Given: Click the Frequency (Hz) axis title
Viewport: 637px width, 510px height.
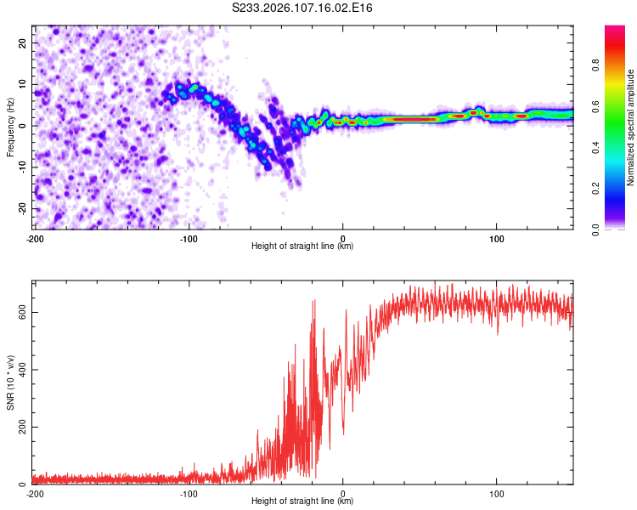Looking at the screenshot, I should (10, 127).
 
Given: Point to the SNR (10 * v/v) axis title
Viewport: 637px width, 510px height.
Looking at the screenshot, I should (10, 382).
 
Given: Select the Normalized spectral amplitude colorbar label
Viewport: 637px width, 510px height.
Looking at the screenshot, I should (630, 127).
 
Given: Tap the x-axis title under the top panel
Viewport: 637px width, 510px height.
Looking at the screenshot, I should (302, 246).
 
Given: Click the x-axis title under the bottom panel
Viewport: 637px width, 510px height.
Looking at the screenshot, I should (302, 501).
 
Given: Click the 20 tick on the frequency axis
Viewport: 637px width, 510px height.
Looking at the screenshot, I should (24, 42).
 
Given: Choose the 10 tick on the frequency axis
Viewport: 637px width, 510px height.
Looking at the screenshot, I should (24, 84).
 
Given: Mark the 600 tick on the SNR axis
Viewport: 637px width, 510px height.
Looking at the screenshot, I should (21, 312).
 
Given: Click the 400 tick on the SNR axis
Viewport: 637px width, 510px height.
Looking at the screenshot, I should (21, 370).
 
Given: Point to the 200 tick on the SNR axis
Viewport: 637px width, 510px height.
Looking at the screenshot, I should (21, 427).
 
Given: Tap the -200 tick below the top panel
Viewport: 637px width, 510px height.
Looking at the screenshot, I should (35, 237).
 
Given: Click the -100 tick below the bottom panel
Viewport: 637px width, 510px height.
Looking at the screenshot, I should (189, 493).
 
